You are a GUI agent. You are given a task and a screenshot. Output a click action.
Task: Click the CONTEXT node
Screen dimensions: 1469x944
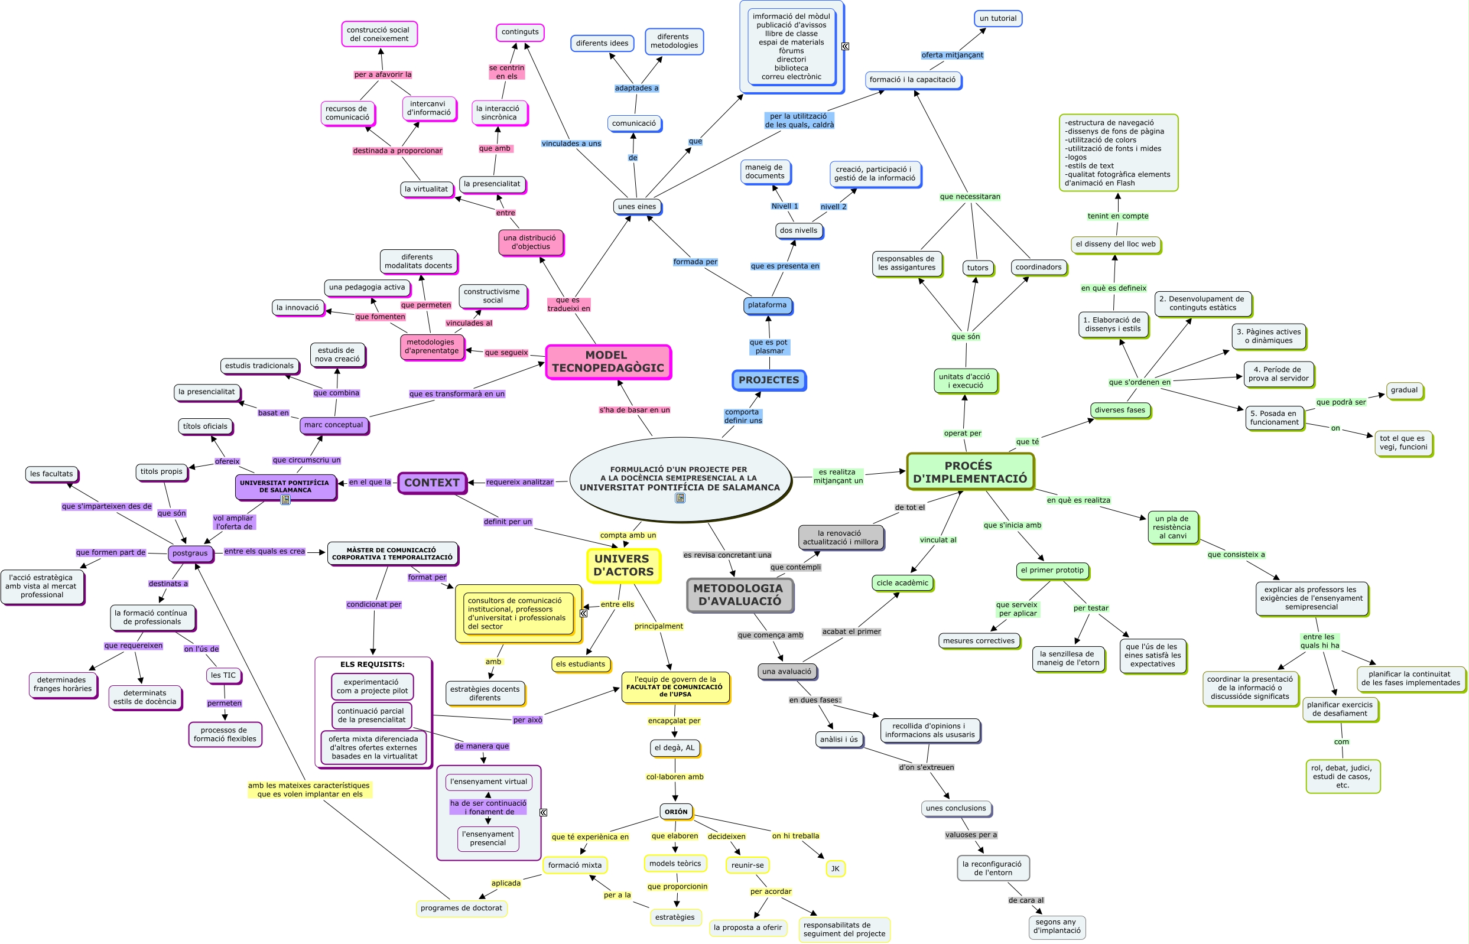coord(432,483)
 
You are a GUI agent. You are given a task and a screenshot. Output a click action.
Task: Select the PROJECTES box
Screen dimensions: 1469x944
coord(769,380)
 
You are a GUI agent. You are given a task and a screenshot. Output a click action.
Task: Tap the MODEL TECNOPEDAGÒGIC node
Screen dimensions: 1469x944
coord(608,362)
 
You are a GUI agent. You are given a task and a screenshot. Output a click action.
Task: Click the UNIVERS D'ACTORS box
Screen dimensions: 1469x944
coord(623,565)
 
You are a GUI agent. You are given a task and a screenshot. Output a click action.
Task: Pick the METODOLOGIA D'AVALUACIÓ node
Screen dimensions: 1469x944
coord(740,595)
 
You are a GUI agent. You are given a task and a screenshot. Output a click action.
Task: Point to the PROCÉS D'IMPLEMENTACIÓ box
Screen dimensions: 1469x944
coord(970,472)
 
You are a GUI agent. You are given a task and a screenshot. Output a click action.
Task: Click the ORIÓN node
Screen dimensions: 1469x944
coord(676,812)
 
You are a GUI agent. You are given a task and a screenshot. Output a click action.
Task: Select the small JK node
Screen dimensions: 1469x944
coord(835,868)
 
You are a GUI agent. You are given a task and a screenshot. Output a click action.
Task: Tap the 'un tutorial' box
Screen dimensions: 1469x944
coord(997,18)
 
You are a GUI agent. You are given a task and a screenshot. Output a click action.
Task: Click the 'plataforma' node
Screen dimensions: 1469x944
coord(767,305)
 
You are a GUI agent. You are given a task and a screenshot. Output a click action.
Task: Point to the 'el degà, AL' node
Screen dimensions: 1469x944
coord(674,748)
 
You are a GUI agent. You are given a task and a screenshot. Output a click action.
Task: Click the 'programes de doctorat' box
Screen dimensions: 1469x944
coord(461,909)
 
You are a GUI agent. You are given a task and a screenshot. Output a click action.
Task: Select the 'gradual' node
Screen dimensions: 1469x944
coord(1404,390)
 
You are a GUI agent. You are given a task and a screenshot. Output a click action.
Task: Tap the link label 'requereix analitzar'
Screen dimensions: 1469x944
coord(519,483)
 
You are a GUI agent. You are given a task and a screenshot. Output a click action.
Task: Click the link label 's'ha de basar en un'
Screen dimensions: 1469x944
coord(635,410)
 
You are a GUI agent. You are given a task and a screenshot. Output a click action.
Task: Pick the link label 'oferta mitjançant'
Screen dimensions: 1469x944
coord(952,55)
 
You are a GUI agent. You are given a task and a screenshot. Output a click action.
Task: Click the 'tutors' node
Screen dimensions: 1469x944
coord(977,268)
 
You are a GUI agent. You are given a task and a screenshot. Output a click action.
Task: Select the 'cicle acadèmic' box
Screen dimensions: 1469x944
coord(902,583)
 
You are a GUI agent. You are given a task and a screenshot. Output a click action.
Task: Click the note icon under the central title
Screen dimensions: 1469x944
coord(680,499)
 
